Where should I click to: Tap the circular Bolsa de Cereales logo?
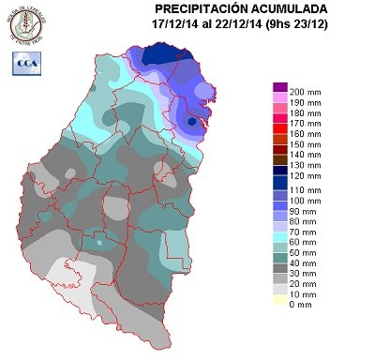(x=27, y=25)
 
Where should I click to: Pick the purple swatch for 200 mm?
(x=279, y=87)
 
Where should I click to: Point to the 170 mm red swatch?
(x=279, y=122)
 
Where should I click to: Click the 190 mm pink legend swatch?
(x=279, y=98)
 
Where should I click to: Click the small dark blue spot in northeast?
(x=192, y=122)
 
